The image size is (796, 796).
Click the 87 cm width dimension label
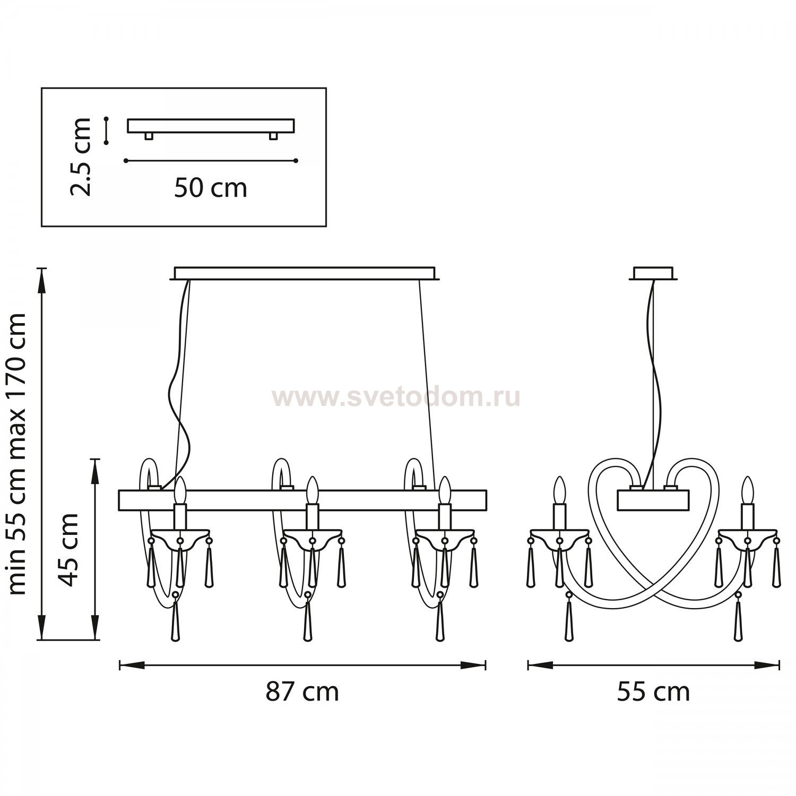302,692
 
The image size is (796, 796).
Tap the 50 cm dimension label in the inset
211,188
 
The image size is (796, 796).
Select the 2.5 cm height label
81,157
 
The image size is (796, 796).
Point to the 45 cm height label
68,549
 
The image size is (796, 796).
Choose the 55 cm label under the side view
653,692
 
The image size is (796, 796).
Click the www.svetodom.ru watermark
396,397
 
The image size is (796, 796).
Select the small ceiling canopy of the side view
653,273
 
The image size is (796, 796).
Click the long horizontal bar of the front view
302,500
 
